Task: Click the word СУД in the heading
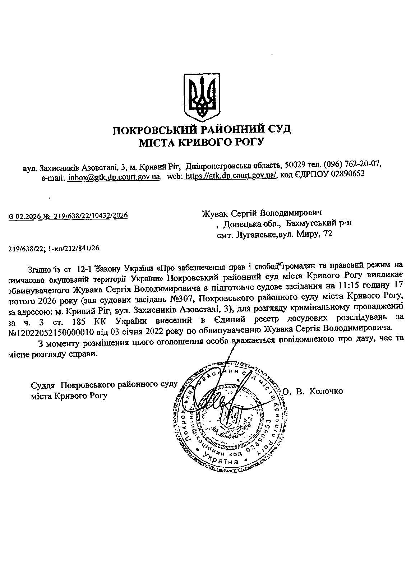pyautogui.click(x=277, y=129)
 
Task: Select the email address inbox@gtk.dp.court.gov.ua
pyautogui.click(x=114, y=177)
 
